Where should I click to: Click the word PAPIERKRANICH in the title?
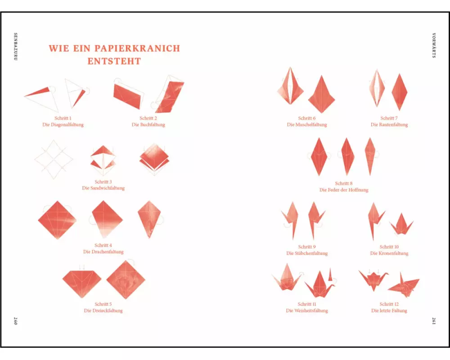(137, 48)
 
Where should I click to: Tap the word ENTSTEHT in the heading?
(114, 61)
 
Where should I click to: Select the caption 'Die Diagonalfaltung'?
(63, 125)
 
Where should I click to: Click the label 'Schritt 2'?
(148, 118)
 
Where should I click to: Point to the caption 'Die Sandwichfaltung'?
(103, 188)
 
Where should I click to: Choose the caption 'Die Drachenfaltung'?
(103, 252)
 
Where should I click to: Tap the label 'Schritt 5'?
(103, 304)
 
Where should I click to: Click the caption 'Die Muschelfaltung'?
(307, 125)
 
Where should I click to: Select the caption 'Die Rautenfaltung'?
(389, 125)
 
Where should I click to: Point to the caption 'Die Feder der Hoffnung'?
(344, 190)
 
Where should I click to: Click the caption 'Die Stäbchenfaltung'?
(307, 253)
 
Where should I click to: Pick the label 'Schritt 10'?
(389, 247)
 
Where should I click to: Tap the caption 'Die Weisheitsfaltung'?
(307, 310)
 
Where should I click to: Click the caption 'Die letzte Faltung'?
(389, 310)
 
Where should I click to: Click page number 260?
(15, 321)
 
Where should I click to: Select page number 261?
(434, 321)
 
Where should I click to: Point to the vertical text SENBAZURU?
(15, 46)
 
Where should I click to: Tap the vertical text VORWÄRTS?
(434, 45)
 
